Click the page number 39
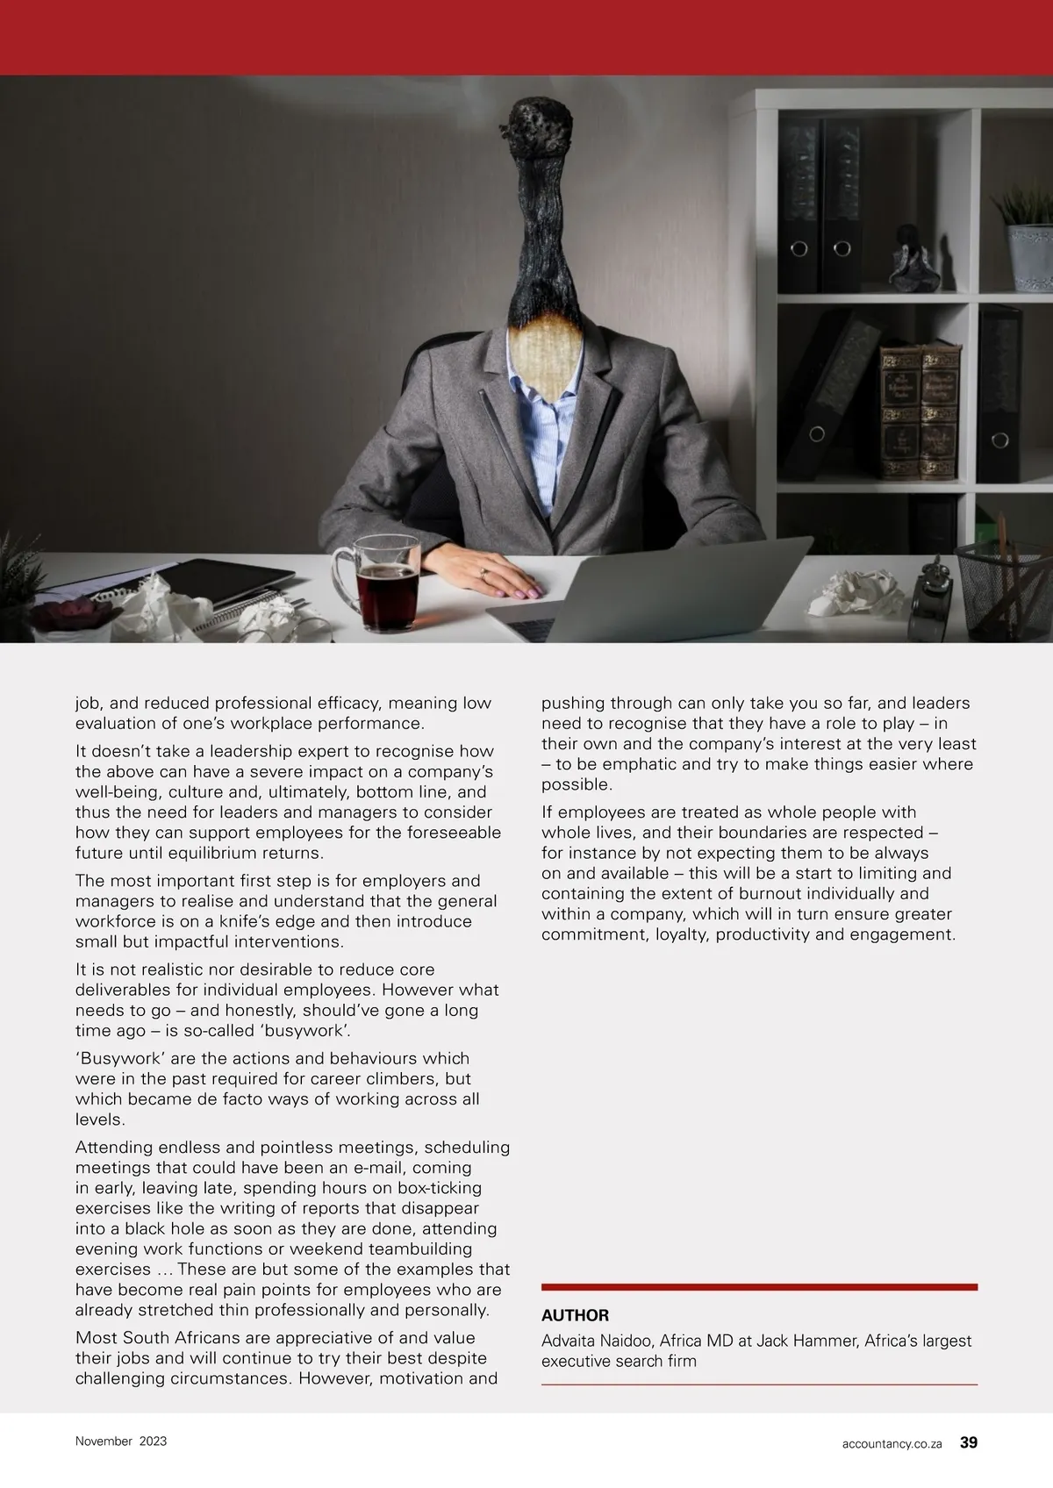coord(969,1441)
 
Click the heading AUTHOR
coord(575,1315)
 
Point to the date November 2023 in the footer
coord(121,1441)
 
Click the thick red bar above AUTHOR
coord(759,1287)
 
